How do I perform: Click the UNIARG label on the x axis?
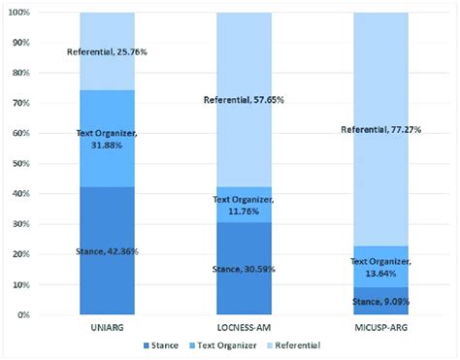click(107, 327)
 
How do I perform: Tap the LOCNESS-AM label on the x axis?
click(243, 327)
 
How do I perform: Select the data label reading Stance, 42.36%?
click(108, 252)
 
